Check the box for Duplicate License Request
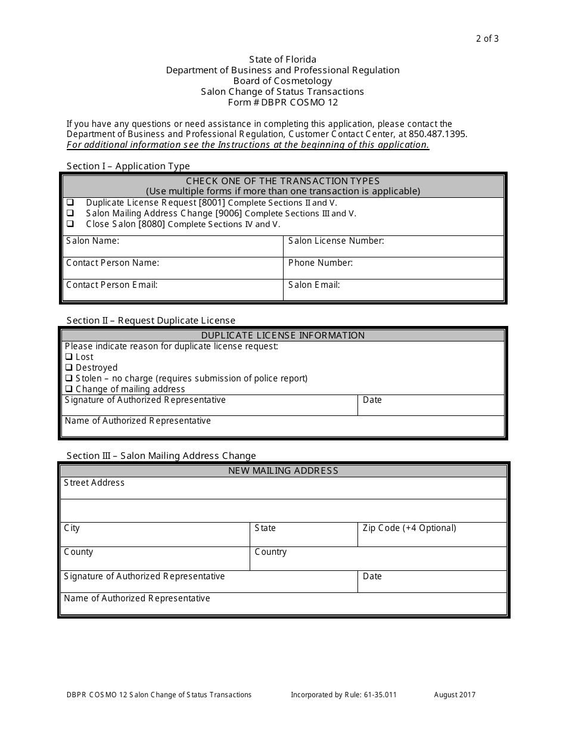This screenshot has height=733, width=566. point(70,203)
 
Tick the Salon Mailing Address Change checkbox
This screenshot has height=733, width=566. point(70,213)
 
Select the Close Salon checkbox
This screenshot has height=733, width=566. point(70,224)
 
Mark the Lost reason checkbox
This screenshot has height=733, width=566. point(69,357)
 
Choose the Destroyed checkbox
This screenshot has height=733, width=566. point(69,368)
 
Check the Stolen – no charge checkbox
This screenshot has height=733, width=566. point(69,378)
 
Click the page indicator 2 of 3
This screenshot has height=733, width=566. point(487,39)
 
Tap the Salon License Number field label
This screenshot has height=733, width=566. point(336,241)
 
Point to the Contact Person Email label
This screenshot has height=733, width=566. point(111,285)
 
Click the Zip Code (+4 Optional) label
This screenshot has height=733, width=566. point(409,528)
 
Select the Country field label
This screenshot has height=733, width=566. point(270,552)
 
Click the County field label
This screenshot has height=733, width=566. point(79,552)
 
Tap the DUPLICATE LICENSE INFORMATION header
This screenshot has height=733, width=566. point(283,335)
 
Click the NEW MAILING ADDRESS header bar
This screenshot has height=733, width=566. point(283,471)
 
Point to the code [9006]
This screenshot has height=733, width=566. point(229,213)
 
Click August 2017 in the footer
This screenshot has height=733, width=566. point(455,694)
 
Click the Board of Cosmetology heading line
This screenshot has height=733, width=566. point(282,81)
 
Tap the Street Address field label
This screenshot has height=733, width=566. point(94,483)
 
